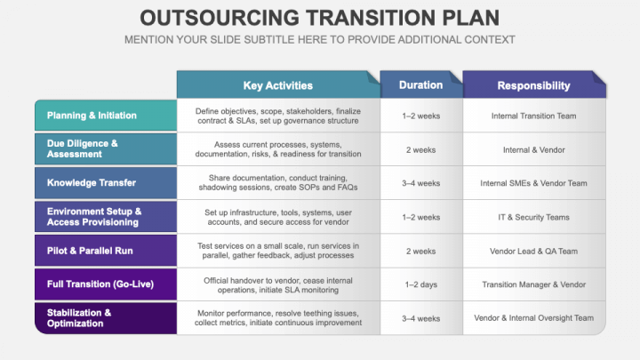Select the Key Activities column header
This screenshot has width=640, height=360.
tap(277, 85)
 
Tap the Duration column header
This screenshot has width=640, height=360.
tap(420, 85)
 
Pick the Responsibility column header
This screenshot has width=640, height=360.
tap(533, 85)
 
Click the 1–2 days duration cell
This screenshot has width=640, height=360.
tap(420, 284)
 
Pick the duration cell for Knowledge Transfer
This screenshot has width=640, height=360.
tap(420, 183)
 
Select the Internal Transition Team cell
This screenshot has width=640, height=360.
tap(533, 116)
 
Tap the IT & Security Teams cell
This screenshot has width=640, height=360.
tap(533, 217)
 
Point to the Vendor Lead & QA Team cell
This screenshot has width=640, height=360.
tap(533, 252)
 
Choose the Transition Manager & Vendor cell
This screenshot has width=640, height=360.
tap(533, 284)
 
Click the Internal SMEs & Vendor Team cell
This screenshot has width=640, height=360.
tap(533, 183)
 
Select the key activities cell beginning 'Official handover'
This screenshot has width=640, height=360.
tap(277, 284)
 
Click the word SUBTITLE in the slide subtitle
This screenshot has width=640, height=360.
tap(264, 40)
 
